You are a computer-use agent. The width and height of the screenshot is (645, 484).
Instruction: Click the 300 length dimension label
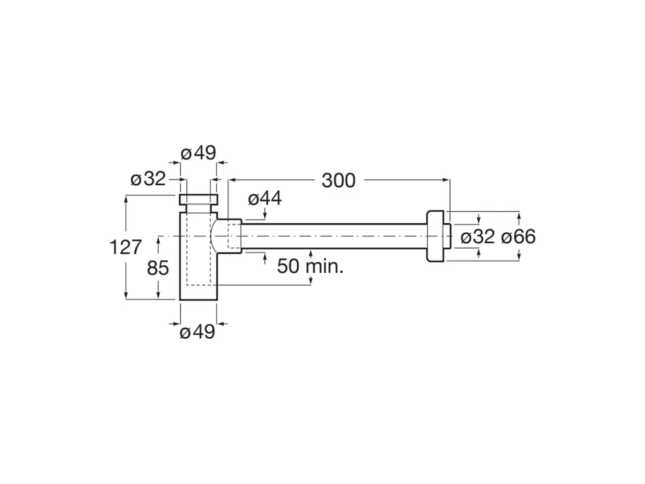pos(339,180)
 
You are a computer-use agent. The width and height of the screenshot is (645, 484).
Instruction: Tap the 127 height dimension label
pos(126,247)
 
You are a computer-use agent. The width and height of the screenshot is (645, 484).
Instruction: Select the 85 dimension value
pos(158,268)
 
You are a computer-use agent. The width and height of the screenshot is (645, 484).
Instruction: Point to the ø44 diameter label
pos(265,199)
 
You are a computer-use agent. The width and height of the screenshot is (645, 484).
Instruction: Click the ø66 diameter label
pos(519,237)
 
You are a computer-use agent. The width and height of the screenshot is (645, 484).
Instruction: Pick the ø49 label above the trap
pos(198,153)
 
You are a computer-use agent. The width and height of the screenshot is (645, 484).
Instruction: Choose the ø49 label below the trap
pos(197,332)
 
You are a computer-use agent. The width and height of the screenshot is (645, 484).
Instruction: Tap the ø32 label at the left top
pos(148,179)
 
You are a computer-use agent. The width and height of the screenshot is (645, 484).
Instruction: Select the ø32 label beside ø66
pos(477,237)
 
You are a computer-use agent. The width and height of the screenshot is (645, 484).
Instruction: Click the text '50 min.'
pos(310,267)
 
